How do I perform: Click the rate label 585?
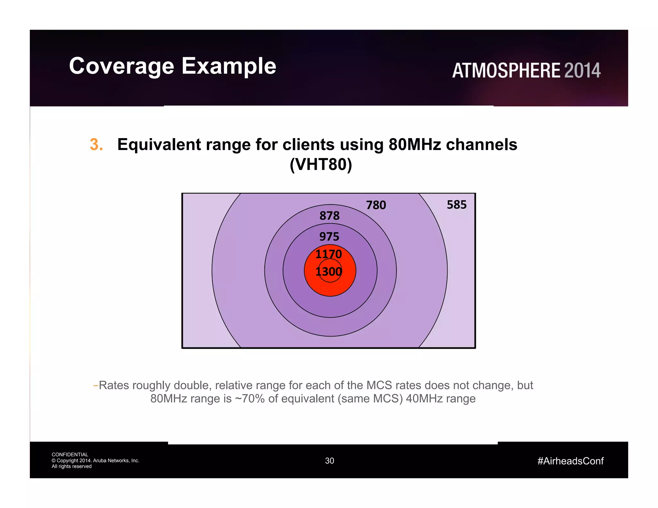click(456, 205)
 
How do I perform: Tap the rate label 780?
click(376, 205)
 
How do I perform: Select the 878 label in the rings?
click(329, 215)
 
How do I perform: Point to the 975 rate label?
click(329, 237)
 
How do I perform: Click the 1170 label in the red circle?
click(328, 254)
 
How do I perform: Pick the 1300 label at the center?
click(328, 272)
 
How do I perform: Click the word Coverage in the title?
click(121, 66)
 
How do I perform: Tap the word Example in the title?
click(229, 66)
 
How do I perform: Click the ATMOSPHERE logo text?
click(506, 70)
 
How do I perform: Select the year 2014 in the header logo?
click(582, 70)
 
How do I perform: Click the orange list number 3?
click(96, 145)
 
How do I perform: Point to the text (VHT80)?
click(321, 164)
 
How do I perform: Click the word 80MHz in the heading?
click(414, 145)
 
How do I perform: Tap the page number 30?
click(329, 461)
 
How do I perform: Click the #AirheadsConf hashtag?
click(570, 461)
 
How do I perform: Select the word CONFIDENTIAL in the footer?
click(70, 454)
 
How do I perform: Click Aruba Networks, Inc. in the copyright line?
click(116, 460)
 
